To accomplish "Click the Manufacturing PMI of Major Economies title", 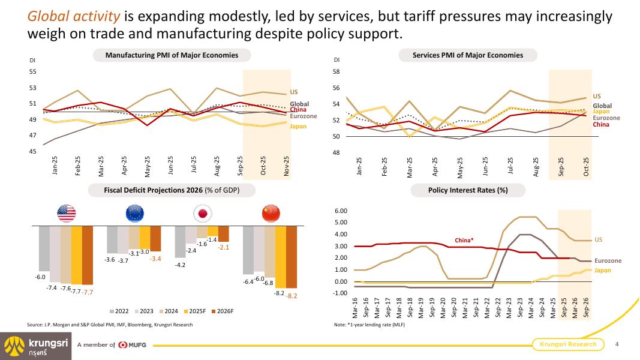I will pos(172,55).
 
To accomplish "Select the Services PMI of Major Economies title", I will pos(468,55).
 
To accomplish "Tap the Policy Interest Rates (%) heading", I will pos(468,190).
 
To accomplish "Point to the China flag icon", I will pos(271,213).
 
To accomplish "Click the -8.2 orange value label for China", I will pos(292,296).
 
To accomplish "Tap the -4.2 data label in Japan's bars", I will pos(180,264).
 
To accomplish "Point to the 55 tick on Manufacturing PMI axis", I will pos(33,72).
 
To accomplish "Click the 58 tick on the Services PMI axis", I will pos(336,72).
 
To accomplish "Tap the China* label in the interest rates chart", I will pos(464,240).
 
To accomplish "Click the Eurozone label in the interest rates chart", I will pos(608,261).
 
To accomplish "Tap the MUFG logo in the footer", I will pos(133,344).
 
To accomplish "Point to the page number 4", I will pos(617,344).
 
